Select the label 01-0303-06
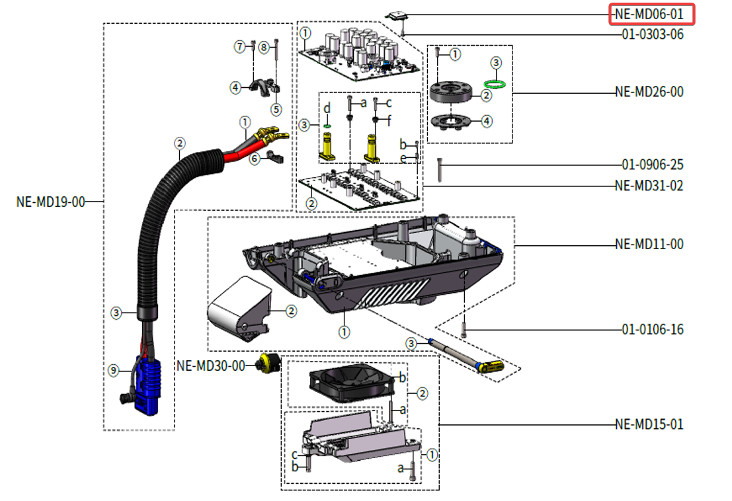651,34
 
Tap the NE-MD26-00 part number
649,92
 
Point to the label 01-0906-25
652,164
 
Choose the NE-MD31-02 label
649,186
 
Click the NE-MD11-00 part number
649,245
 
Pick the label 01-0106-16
652,329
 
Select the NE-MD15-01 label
649,424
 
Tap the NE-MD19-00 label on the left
51,202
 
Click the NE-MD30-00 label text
211,365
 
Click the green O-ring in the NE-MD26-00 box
496,83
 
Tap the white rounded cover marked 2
238,308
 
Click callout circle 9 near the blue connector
114,371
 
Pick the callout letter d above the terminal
327,108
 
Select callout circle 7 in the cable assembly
239,46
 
